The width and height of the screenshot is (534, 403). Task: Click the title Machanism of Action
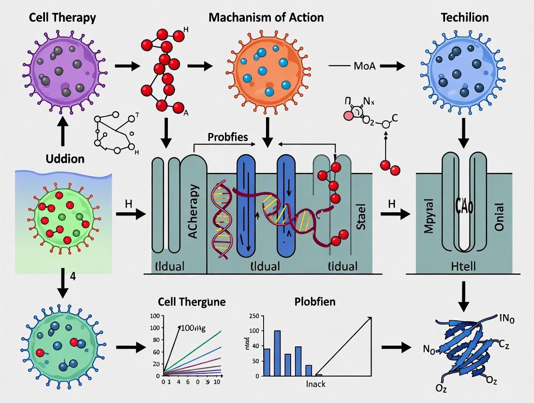(x=266, y=18)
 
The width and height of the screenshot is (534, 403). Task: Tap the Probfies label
(x=227, y=137)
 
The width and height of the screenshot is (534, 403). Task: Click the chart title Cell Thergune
(x=192, y=302)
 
